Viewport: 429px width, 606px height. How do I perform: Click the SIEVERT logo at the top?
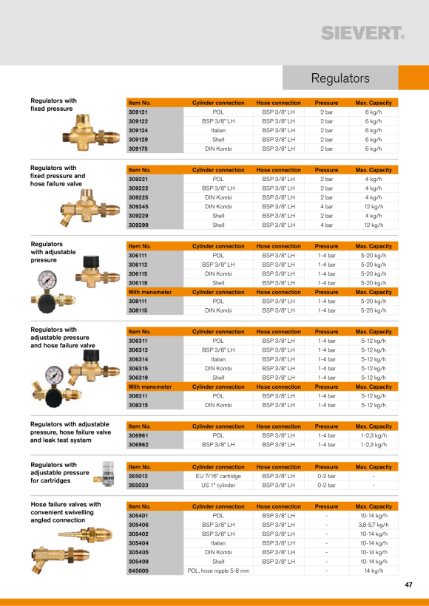[x=363, y=33]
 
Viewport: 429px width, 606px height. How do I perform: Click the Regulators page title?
[x=340, y=78]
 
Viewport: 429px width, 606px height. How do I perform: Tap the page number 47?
[x=408, y=585]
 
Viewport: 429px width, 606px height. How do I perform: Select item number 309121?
[x=138, y=112]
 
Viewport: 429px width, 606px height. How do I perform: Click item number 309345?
[x=138, y=207]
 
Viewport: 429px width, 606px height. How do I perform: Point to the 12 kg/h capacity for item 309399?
[x=374, y=225]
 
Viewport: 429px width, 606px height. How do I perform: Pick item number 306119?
[x=138, y=283]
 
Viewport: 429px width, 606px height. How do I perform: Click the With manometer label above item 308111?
[x=150, y=292]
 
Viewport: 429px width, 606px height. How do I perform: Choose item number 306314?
[x=138, y=359]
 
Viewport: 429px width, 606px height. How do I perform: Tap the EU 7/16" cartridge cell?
[x=218, y=476]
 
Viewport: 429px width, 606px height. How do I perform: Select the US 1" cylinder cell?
[x=218, y=486]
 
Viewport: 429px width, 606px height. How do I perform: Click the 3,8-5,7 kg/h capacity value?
[x=374, y=525]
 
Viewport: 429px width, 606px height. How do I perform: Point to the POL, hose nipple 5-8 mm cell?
[x=218, y=571]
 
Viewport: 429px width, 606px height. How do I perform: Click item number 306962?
[x=138, y=445]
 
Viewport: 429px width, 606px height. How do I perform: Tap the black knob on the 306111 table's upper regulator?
[x=91, y=262]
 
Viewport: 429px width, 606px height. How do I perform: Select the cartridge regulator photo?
[x=104, y=474]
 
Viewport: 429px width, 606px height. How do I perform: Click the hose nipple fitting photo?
[x=86, y=535]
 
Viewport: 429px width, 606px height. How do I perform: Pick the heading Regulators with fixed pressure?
[x=54, y=105]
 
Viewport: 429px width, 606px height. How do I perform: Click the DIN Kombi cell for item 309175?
[x=218, y=149]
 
